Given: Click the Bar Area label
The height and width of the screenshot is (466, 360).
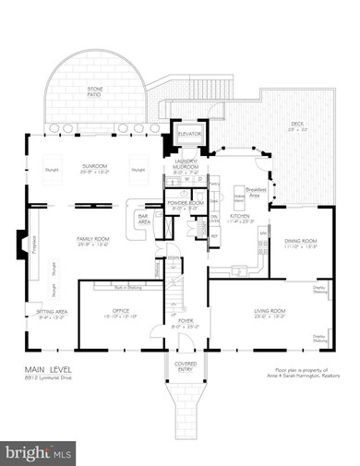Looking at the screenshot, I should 143,221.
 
